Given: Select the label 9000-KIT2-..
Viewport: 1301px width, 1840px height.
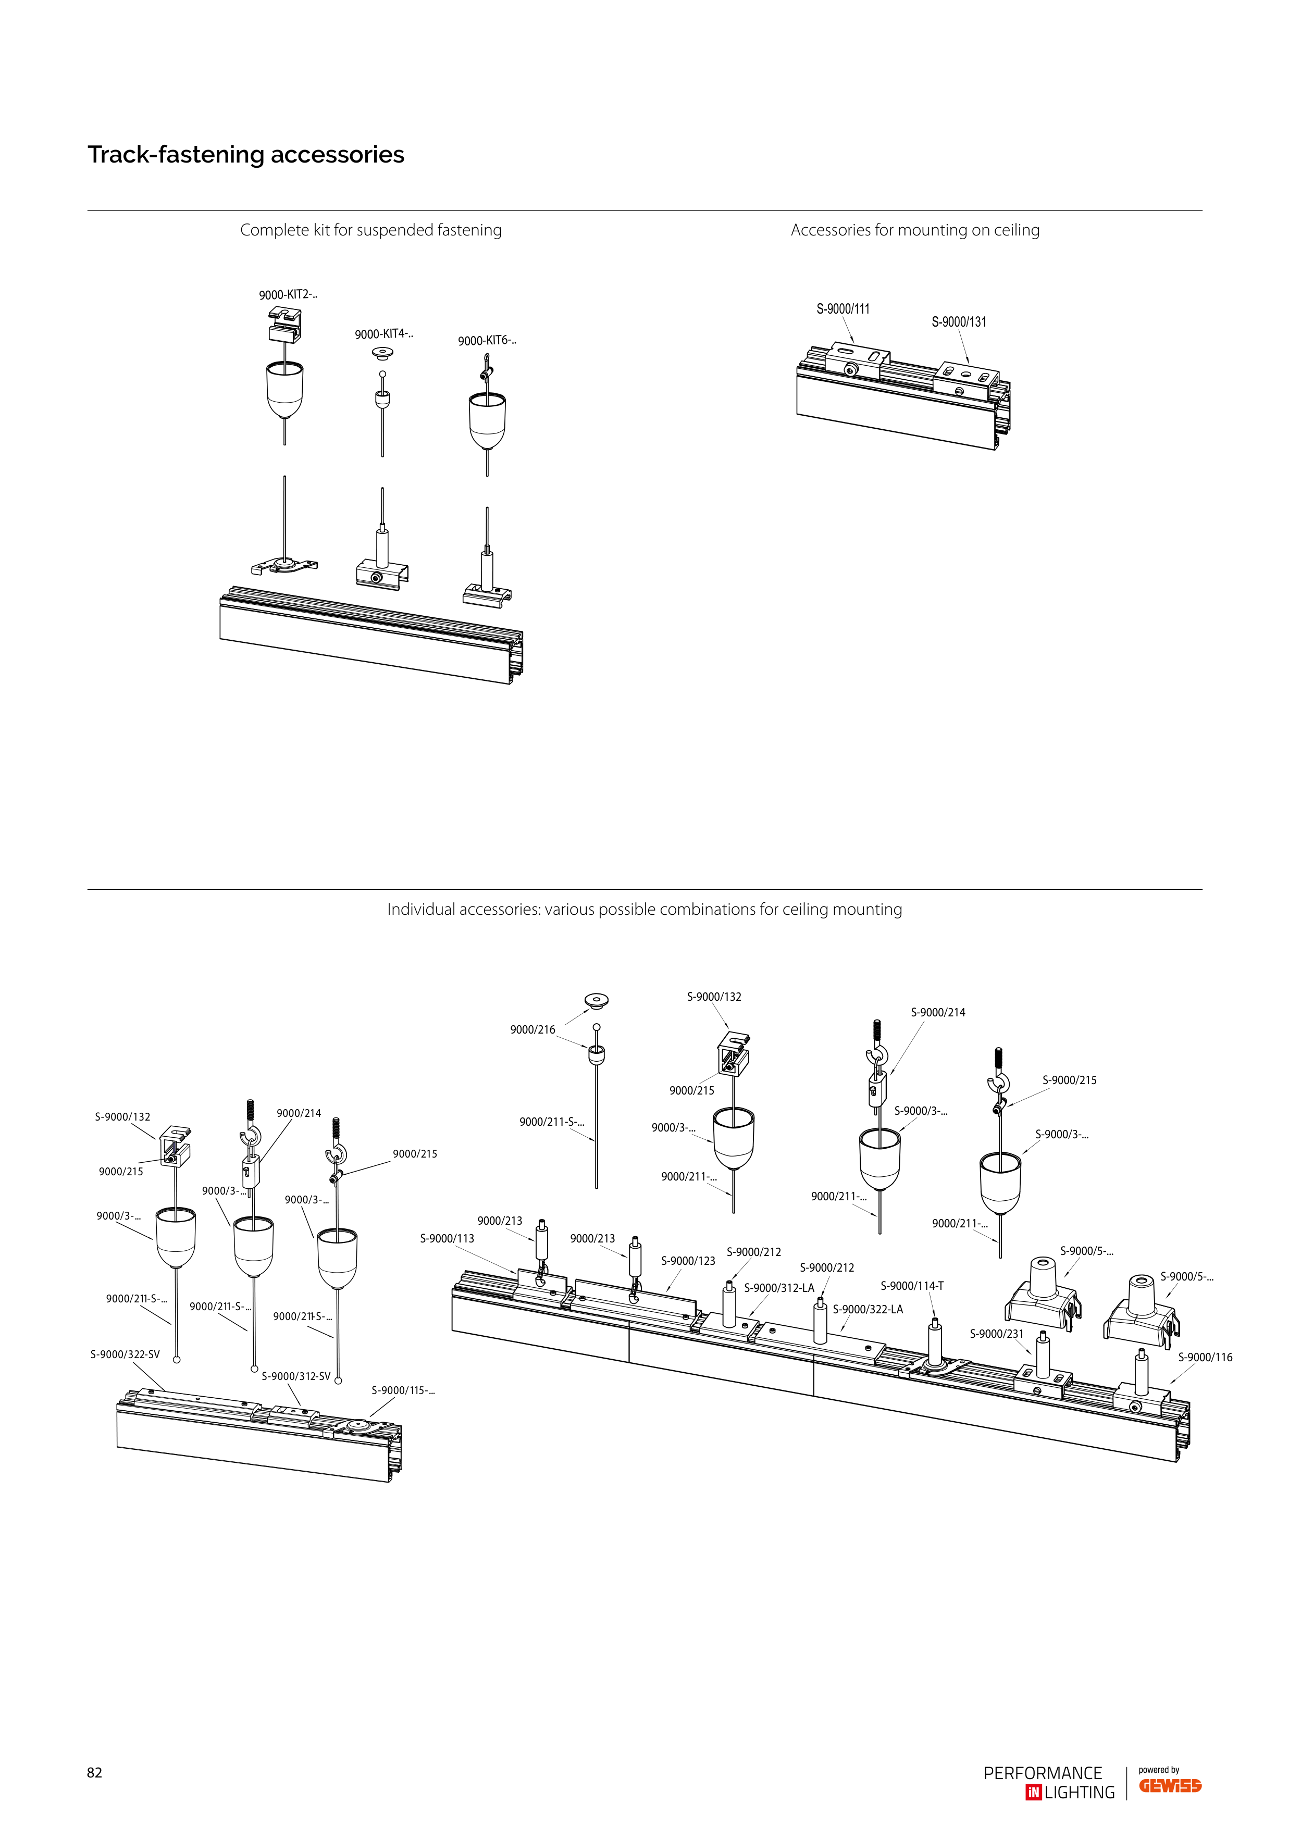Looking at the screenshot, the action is pyautogui.click(x=288, y=295).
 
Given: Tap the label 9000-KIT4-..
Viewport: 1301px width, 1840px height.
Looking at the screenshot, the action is pyautogui.click(x=384, y=334).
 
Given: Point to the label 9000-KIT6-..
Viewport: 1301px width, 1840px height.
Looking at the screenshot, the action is pyautogui.click(x=487, y=341).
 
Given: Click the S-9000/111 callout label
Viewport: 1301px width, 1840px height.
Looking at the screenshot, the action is pyautogui.click(x=844, y=308).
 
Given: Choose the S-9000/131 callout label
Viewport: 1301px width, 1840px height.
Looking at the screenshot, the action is pyautogui.click(x=959, y=321).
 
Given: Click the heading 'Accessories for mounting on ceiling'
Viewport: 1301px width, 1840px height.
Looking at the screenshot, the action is pyautogui.click(x=915, y=230).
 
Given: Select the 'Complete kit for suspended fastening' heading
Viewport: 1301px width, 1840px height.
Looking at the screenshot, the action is pyautogui.click(x=371, y=230).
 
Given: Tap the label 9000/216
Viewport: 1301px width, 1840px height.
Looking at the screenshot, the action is pyautogui.click(x=532, y=1030).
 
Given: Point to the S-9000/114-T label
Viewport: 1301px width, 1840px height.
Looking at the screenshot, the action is pyautogui.click(x=912, y=1286).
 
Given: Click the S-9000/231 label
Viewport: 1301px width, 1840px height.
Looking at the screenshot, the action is pyautogui.click(x=996, y=1334).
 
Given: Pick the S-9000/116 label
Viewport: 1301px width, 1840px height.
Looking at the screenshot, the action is pyautogui.click(x=1205, y=1358).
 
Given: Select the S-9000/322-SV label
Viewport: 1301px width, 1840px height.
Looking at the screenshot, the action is pyautogui.click(x=125, y=1355).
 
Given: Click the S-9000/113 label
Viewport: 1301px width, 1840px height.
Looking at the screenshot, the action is pyautogui.click(x=447, y=1239).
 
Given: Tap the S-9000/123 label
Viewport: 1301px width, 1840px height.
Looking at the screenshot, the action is pyautogui.click(x=688, y=1261).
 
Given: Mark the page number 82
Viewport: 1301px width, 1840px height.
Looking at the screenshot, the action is pyautogui.click(x=95, y=1773).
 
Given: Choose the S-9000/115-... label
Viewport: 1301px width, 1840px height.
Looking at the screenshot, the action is pyautogui.click(x=403, y=1390).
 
